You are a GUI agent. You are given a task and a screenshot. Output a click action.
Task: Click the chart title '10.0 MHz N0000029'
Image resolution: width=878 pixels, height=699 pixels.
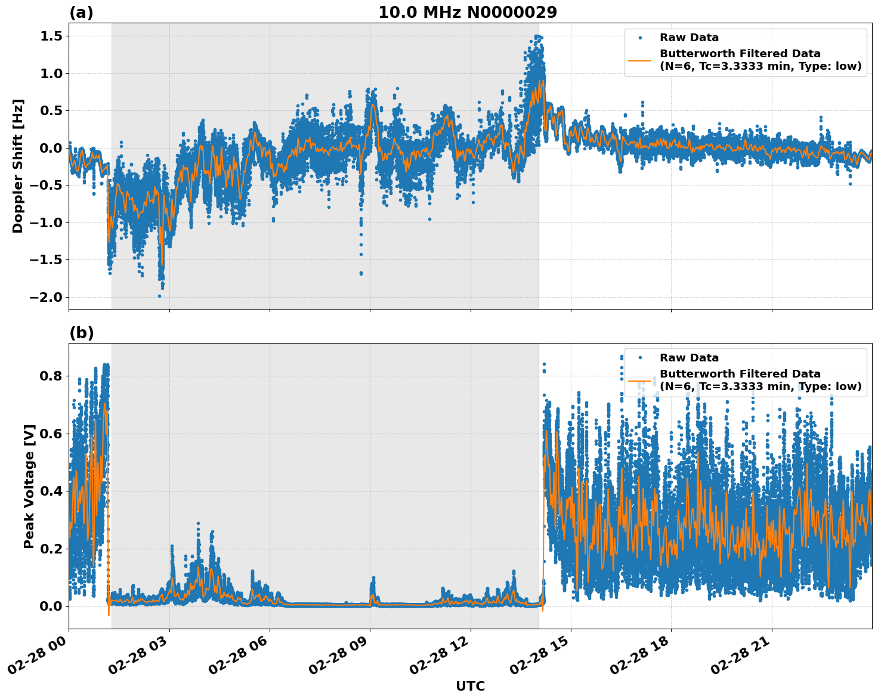tap(467, 13)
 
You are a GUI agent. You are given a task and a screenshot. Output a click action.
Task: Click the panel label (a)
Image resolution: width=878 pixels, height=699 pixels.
tap(81, 13)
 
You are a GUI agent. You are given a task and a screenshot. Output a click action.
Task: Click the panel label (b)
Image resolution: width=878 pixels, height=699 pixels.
tap(81, 333)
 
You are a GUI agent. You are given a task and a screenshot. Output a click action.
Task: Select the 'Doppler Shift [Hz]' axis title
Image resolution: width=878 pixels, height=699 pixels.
tap(18, 166)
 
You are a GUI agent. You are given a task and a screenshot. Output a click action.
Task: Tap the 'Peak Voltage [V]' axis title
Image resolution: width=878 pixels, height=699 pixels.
tap(29, 487)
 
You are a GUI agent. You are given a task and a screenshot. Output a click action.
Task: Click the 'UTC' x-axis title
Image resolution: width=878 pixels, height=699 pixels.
tap(470, 686)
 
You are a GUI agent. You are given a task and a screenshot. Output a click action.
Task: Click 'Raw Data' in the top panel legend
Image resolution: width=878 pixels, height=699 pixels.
tap(689, 38)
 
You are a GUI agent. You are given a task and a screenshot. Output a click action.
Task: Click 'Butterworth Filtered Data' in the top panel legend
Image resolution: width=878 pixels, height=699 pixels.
tap(740, 54)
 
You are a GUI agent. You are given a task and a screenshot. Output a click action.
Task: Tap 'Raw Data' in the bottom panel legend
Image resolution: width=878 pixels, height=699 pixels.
tap(689, 358)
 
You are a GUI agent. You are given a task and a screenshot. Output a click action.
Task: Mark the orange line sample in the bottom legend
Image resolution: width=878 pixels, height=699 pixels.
tap(640, 380)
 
